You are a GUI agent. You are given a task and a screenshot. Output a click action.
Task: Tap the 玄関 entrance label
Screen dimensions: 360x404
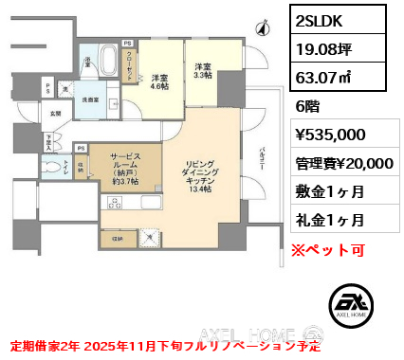[55, 114]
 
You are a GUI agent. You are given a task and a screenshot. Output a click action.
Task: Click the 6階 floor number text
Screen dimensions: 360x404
[310, 108]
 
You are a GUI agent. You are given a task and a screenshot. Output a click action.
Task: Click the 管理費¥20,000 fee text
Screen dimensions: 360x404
[344, 163]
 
